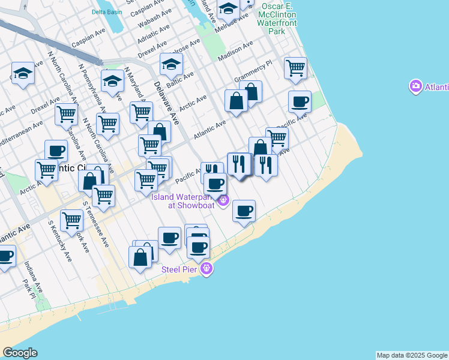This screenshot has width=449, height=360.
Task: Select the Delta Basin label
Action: point(106,11)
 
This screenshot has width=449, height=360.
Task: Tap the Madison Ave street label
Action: point(235,52)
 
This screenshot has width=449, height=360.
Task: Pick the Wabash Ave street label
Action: point(150,23)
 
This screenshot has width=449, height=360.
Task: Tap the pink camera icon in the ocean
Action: point(415,87)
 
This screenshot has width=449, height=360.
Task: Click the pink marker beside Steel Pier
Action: point(206,268)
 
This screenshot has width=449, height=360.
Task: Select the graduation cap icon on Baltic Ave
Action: point(171,64)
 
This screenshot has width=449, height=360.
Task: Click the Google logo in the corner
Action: point(20,353)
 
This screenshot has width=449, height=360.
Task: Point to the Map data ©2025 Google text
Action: point(412,355)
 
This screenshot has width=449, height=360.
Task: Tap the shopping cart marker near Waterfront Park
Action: point(295,68)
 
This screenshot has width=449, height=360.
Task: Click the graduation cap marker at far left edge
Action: point(23,73)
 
